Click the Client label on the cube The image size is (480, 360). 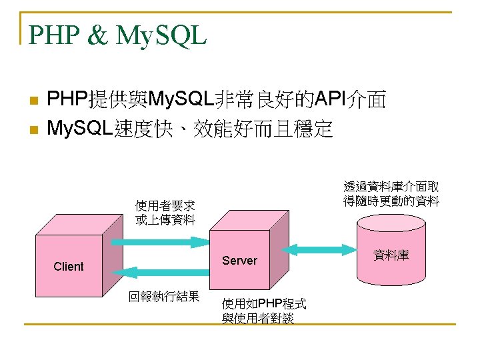69,267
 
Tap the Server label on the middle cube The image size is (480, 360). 239,261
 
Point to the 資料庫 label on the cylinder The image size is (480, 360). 391,255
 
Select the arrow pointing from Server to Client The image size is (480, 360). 160,272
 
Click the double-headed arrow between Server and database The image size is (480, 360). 321,250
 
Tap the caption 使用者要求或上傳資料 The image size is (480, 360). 165,212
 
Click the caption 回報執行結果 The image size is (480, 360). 164,297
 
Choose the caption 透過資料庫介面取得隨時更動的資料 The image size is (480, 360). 391,194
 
